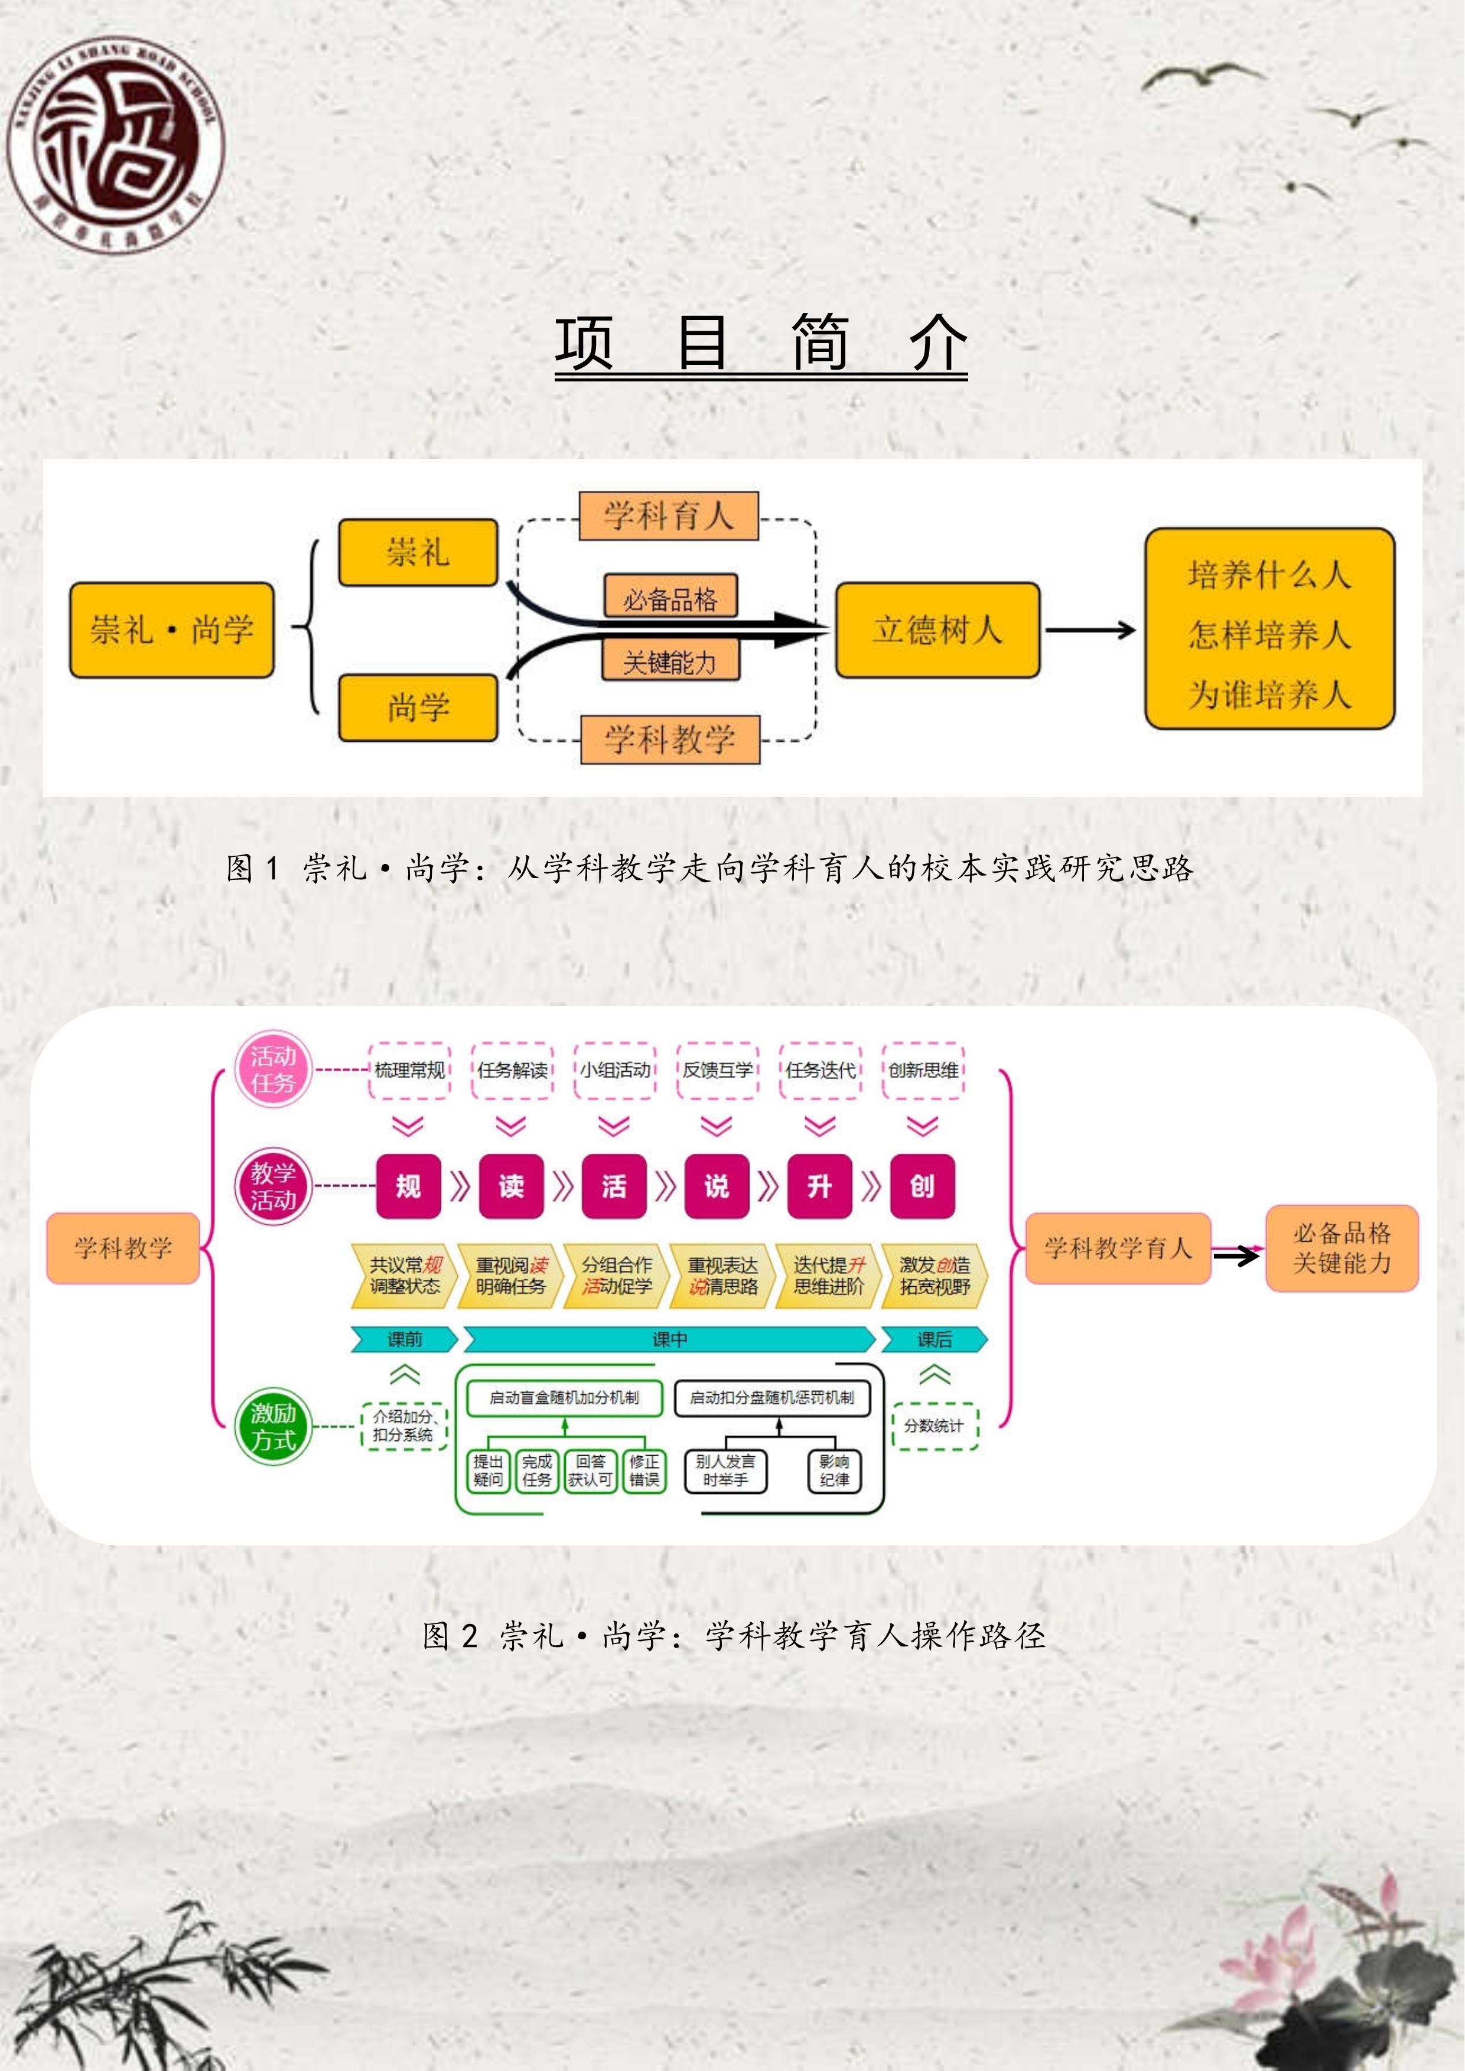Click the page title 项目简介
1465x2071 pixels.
[760, 344]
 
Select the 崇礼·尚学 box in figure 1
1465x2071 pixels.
[171, 630]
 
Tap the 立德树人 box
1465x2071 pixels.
[937, 630]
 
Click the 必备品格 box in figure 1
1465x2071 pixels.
[670, 597]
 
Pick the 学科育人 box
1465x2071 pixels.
[669, 516]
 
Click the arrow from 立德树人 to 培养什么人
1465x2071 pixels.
[1090, 630]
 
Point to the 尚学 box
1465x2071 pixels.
[418, 708]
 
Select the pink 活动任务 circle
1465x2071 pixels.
[272, 1070]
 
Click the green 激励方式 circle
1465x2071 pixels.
[272, 1426]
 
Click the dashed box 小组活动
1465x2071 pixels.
[614, 1071]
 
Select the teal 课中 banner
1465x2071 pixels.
[669, 1339]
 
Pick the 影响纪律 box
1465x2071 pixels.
[834, 1470]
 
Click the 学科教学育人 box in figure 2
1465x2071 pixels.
[1118, 1248]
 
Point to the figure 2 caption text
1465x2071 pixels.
[734, 1635]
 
